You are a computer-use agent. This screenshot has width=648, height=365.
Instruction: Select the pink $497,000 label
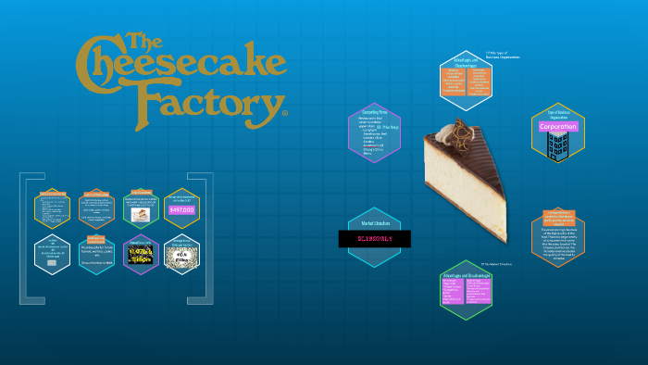181,210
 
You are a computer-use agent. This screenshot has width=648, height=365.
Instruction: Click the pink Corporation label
557,126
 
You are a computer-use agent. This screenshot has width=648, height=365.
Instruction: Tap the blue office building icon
557,145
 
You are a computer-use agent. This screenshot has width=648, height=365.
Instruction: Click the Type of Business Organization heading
557,114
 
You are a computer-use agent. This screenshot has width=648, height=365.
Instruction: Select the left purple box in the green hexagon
455,291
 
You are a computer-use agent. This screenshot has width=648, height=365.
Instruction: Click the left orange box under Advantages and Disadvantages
455,81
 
